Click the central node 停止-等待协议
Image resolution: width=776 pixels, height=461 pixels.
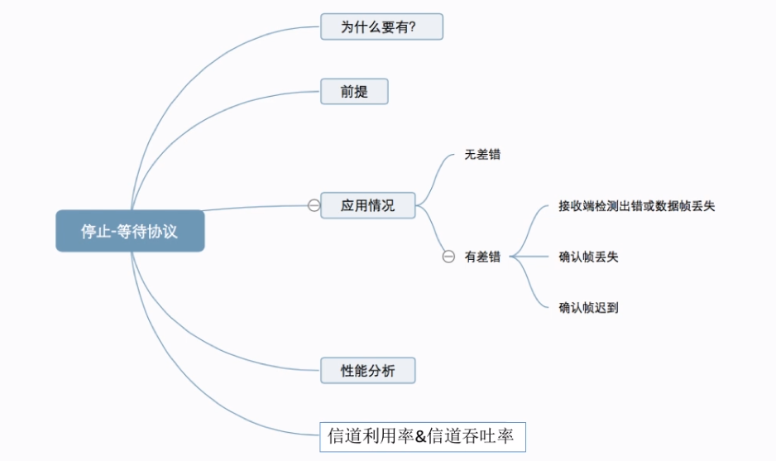click(x=130, y=231)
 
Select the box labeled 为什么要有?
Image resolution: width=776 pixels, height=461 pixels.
click(x=381, y=27)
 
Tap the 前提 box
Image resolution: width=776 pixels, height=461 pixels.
click(x=354, y=92)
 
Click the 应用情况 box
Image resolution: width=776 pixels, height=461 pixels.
click(x=368, y=205)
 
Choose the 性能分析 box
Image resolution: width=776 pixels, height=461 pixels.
click(x=368, y=371)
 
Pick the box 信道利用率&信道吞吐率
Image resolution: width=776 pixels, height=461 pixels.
click(x=422, y=435)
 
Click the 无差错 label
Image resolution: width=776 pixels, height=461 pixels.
click(x=482, y=155)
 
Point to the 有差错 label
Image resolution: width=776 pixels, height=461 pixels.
click(x=482, y=257)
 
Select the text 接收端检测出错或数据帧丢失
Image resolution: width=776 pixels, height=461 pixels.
click(x=636, y=206)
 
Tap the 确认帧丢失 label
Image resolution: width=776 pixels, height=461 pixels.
click(x=589, y=257)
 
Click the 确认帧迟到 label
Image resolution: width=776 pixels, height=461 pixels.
click(x=589, y=308)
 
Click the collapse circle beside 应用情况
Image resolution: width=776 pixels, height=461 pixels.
click(x=314, y=205)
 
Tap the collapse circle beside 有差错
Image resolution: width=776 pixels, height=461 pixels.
click(x=448, y=257)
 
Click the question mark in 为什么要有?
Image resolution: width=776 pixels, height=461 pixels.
click(x=412, y=27)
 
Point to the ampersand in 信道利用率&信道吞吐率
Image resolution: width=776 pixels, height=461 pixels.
click(x=420, y=436)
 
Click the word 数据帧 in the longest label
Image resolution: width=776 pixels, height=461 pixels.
click(x=668, y=206)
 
